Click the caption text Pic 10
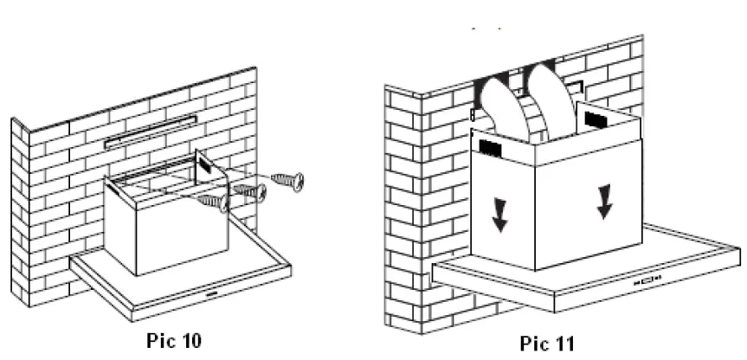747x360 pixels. [175, 338]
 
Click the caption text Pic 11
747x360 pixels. [546, 344]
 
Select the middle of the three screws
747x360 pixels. [250, 192]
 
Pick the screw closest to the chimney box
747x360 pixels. [214, 202]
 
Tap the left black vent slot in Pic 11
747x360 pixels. [489, 149]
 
